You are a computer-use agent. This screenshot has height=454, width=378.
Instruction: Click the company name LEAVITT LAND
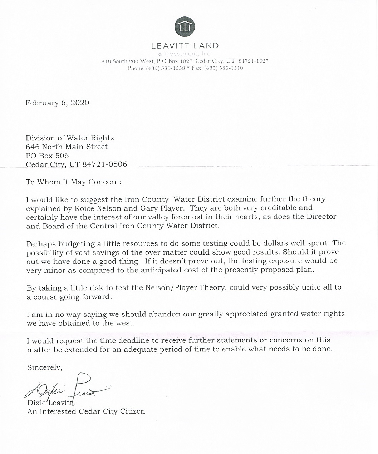[185, 46]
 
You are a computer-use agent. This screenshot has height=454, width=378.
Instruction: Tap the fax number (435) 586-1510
[224, 68]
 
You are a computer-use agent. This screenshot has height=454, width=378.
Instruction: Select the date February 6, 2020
[57, 103]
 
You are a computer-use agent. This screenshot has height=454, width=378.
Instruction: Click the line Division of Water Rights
[70, 138]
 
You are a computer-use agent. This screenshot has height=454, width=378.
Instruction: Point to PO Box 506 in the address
[47, 156]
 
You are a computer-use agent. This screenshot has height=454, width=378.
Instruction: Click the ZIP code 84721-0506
[104, 164]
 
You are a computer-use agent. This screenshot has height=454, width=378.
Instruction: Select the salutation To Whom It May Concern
[74, 182]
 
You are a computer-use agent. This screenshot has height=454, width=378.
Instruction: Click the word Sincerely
[45, 367]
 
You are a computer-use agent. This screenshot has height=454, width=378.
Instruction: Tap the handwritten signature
[68, 388]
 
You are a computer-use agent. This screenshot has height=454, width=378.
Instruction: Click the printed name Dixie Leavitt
[50, 403]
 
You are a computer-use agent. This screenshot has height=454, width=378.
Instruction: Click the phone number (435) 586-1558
[165, 68]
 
